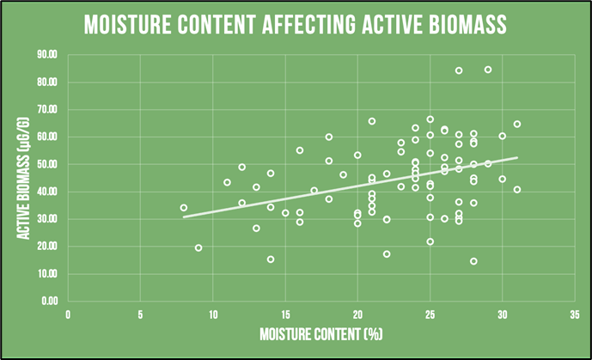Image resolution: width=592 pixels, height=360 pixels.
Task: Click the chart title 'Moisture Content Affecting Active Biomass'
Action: pos(295,26)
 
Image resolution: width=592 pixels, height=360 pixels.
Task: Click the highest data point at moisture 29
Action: pos(488,70)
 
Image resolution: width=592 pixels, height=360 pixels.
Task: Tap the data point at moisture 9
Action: pos(198,247)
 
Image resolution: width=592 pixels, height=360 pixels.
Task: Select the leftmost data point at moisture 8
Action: pos(184,208)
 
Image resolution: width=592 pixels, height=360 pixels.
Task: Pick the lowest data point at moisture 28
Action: pos(473,261)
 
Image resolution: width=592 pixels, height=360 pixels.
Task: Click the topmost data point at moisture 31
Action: pos(517,124)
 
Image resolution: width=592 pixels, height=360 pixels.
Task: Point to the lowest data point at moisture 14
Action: pos(271,259)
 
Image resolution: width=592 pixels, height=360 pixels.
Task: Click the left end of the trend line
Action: pos(184,217)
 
